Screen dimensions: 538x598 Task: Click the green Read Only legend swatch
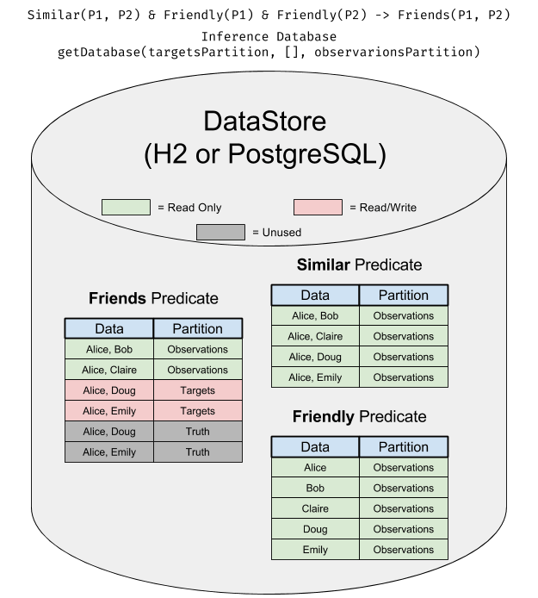(126, 207)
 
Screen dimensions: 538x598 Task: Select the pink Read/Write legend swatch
(318, 207)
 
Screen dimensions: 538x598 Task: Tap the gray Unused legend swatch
(220, 233)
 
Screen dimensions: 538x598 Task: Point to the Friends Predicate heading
(153, 298)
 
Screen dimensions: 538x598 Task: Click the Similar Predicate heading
(359, 265)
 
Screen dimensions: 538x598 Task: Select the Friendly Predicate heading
(359, 416)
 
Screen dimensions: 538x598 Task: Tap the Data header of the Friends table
(109, 328)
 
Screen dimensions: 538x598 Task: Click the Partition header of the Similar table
(404, 295)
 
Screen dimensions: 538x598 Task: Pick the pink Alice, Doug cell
(109, 390)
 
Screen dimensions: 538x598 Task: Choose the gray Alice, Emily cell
(109, 452)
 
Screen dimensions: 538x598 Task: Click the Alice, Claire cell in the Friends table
(109, 370)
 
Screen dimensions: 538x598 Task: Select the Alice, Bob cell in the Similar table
(315, 315)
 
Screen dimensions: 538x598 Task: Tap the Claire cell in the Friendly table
(315, 508)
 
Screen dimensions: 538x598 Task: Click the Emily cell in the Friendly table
(315, 550)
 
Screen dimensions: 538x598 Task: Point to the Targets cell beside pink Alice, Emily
(198, 411)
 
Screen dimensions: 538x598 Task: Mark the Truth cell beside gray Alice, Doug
(198, 432)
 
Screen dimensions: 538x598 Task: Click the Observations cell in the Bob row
(404, 488)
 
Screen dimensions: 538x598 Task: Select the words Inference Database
(269, 36)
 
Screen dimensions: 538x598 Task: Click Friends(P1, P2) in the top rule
(454, 15)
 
